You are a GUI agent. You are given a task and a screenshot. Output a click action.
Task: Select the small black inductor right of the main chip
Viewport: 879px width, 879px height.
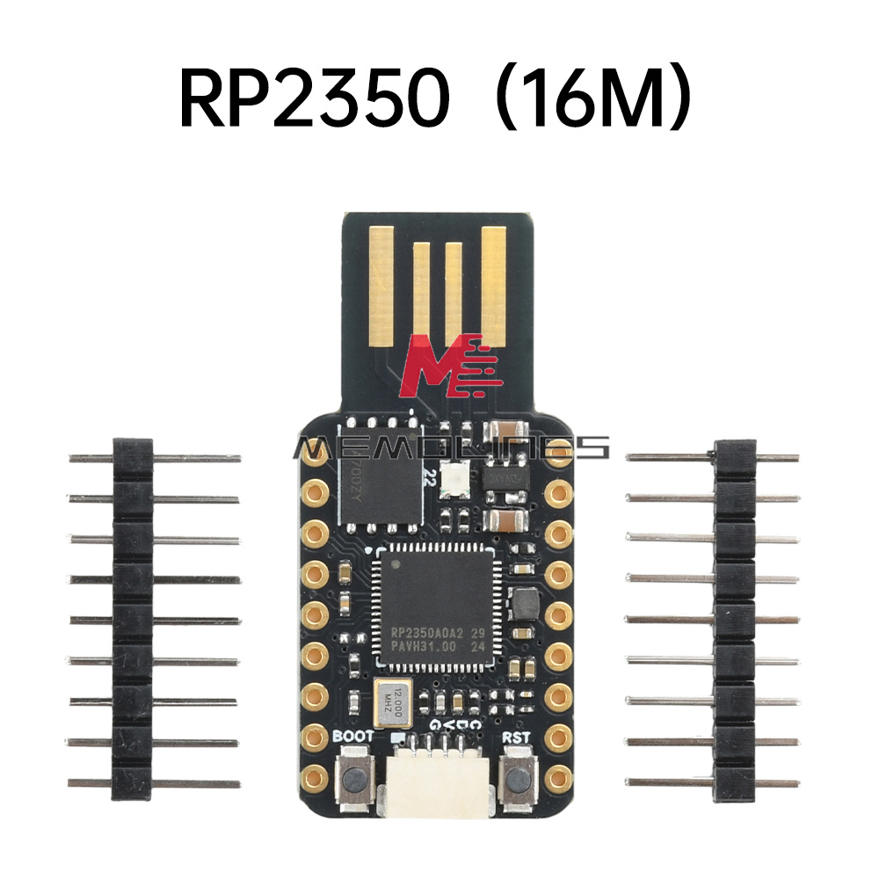coord(526,602)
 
